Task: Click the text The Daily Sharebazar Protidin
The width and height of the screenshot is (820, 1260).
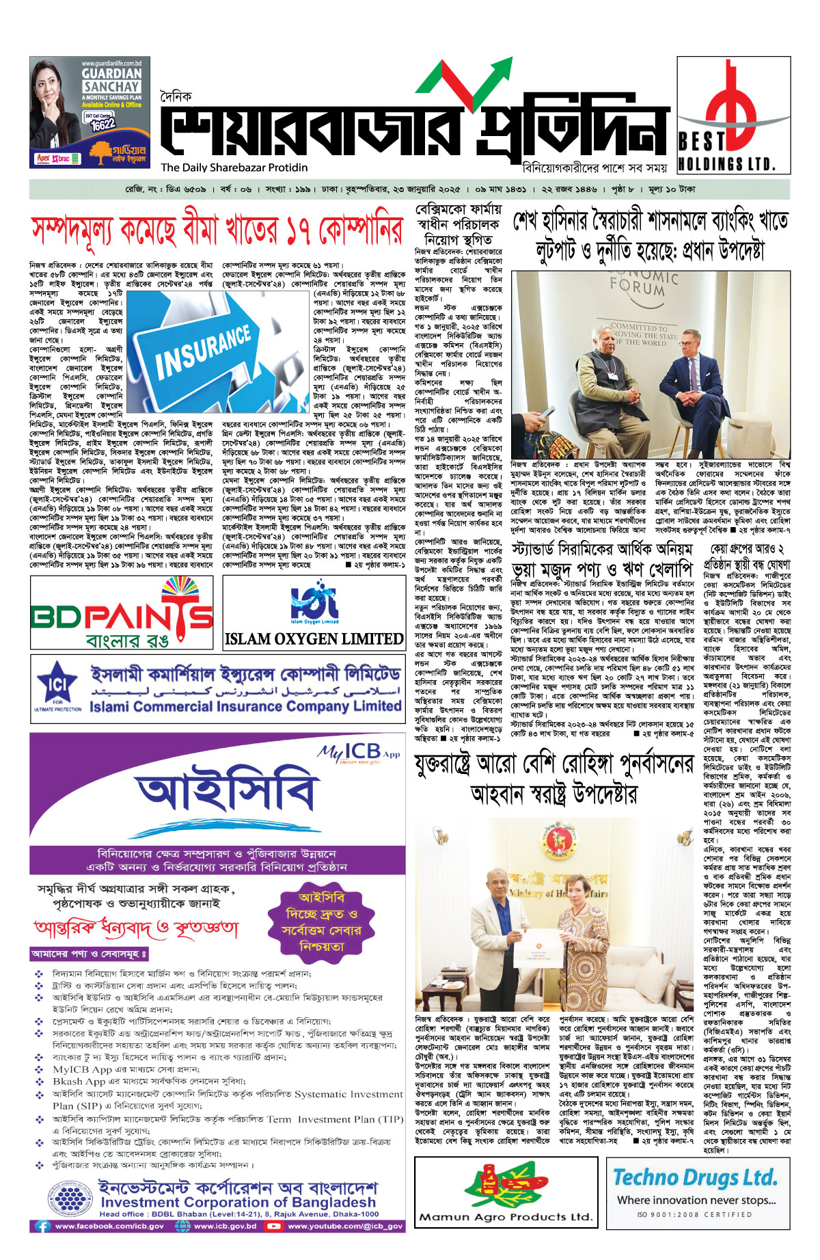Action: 234,167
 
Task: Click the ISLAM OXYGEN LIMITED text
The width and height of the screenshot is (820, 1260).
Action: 314,639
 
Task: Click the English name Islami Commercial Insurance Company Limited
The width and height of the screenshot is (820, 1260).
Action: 245,706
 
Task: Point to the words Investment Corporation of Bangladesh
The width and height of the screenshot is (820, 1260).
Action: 238,1202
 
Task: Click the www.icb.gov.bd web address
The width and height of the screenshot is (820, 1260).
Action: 224,1226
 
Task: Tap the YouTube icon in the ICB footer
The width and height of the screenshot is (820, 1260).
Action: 274,1226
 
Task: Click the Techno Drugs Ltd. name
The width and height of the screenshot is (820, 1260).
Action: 695,1178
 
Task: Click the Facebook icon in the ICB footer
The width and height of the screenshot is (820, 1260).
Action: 42,1226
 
